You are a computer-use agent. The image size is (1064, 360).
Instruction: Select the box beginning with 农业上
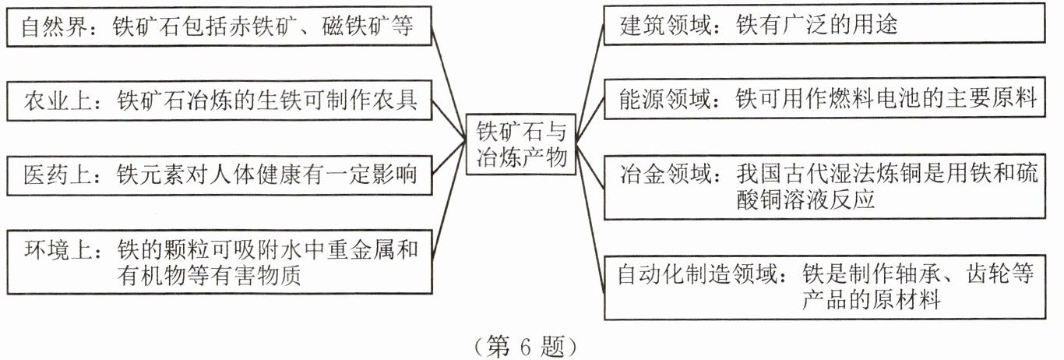click(x=217, y=101)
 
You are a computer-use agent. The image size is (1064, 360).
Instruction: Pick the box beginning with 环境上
click(x=217, y=261)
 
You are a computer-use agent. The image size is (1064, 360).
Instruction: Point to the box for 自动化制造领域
click(x=825, y=287)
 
